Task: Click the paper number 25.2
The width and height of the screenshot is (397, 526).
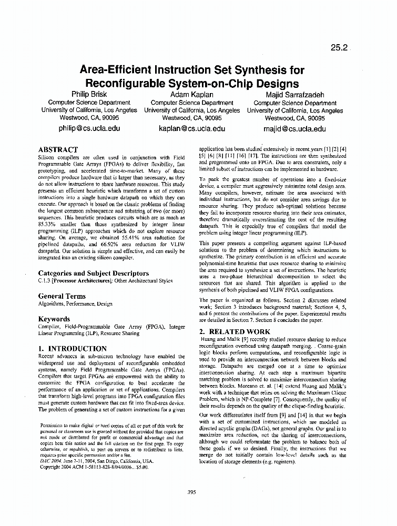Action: (x=339, y=47)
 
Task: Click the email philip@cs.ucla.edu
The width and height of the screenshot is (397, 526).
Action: (x=89, y=128)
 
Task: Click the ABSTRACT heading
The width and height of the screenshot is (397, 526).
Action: (x=58, y=150)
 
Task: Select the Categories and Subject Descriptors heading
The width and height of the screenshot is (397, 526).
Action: (x=94, y=274)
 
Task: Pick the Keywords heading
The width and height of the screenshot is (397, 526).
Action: (x=54, y=319)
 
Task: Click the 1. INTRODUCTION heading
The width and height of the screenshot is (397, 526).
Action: (x=73, y=348)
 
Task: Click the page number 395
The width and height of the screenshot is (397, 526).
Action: (x=191, y=492)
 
